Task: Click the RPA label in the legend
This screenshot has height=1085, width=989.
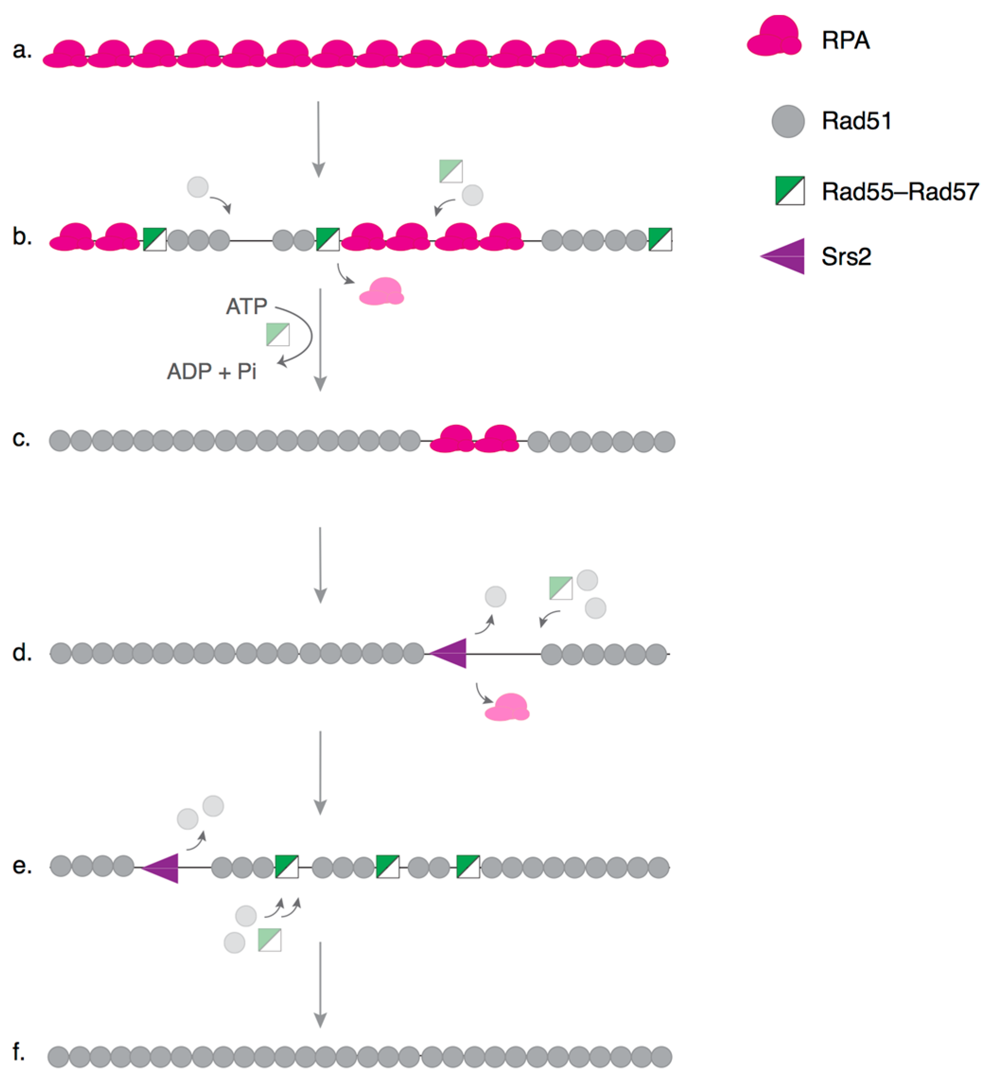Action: tap(845, 40)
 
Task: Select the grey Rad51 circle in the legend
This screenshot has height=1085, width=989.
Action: tap(788, 121)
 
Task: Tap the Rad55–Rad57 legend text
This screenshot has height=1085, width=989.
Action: tap(900, 192)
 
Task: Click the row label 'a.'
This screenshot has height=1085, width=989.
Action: tap(22, 50)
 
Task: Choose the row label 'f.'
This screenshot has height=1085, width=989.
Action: tap(19, 1051)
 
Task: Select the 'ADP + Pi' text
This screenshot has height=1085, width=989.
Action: tap(211, 371)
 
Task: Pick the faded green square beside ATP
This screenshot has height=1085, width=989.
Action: tap(278, 335)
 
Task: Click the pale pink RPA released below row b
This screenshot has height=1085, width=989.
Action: tap(382, 292)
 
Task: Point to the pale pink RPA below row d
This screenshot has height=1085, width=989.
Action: tap(507, 708)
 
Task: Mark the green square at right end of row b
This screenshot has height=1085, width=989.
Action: tap(660, 239)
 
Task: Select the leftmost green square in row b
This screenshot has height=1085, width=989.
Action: tap(155, 239)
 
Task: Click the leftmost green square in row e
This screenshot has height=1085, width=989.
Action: tap(287, 866)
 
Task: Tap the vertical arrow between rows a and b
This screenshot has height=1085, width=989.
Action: tap(319, 139)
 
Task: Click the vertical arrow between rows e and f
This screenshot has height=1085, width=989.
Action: tap(320, 985)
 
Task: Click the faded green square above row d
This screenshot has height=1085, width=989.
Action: tap(561, 588)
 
